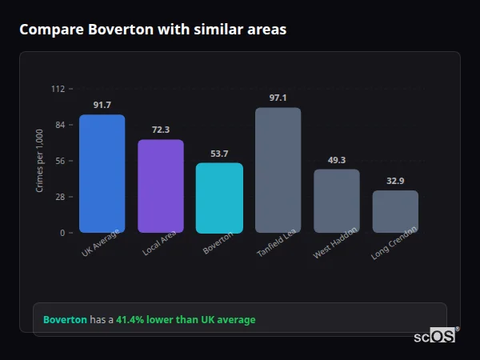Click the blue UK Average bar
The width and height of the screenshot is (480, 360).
click(102, 174)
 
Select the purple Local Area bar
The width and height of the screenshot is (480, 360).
click(160, 186)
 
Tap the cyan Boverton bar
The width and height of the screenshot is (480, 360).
click(219, 198)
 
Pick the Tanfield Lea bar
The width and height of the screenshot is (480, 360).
click(278, 170)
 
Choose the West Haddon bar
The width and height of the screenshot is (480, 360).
click(336, 201)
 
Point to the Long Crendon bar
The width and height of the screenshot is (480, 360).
click(395, 211)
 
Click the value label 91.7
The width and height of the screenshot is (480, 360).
click(102, 105)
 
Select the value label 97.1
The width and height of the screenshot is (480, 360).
click(278, 98)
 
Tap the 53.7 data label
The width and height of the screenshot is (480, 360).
click(219, 154)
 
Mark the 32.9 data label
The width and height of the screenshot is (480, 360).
click(395, 181)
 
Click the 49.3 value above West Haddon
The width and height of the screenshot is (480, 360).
click(336, 160)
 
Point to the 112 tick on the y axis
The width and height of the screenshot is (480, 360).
click(58, 89)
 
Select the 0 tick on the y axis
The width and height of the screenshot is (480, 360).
click(62, 233)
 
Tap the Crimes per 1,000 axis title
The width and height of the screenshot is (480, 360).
click(40, 161)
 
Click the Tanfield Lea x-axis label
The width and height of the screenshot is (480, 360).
click(277, 243)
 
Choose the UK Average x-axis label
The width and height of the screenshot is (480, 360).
click(101, 243)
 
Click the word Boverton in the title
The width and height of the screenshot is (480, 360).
click(108, 30)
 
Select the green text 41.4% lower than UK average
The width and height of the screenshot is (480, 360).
click(186, 320)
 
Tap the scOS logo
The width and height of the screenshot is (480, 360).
click(434, 336)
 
